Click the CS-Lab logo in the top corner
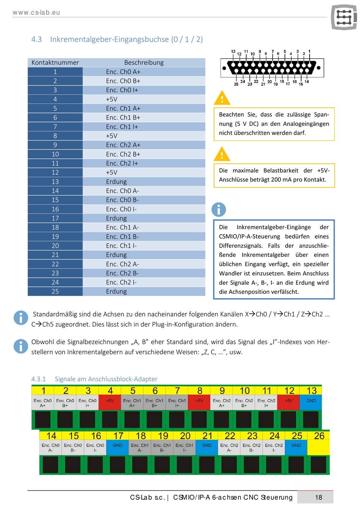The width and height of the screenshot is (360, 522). pos(344,17)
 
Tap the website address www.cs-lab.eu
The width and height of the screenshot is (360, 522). pos(36,13)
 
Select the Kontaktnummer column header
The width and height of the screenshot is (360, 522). pos(55,63)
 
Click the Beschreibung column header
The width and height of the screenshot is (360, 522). pos(144,63)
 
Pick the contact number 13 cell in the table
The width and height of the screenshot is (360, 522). pos(55,181)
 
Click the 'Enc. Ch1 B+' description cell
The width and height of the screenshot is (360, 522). pos(144,117)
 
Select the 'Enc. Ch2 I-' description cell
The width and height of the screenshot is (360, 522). pos(144,282)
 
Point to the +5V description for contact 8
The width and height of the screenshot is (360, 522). pos(144,136)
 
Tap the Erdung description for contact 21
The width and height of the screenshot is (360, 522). pos(144,255)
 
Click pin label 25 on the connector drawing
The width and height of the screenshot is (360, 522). pos(236,84)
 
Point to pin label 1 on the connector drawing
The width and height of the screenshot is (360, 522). pos(309,51)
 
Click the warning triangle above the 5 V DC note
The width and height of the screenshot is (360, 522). pos(222,98)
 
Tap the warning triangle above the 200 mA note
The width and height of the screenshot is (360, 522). pos(222,154)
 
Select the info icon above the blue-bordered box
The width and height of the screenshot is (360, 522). pos(219,209)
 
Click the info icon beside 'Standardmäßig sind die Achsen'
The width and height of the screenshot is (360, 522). pos(21,317)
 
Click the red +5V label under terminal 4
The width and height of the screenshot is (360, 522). pos(110,402)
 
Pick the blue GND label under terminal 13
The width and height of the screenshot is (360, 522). pos(311,402)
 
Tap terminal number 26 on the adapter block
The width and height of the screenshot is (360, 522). pos(319,436)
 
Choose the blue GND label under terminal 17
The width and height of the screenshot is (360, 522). pos(117,447)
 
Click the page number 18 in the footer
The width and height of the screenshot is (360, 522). pos(318,497)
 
